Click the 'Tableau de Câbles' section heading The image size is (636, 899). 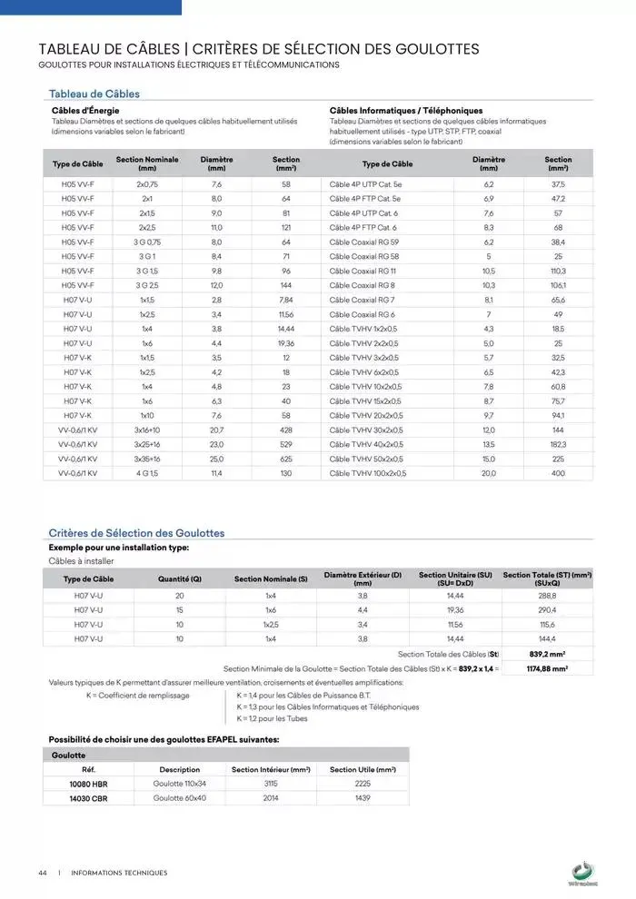tap(94, 94)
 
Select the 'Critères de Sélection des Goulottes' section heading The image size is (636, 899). tap(135, 533)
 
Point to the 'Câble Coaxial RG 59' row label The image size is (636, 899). tap(364, 242)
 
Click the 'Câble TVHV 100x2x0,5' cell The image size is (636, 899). tap(368, 473)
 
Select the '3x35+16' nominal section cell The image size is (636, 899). tap(147, 459)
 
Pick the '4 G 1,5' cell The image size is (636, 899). tap(147, 473)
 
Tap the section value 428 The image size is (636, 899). tap(286, 430)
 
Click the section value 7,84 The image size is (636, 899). tap(286, 300)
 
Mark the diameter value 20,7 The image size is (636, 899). tap(216, 430)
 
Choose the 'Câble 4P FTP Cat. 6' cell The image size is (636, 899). tap(363, 227)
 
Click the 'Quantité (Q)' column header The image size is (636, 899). tap(180, 578)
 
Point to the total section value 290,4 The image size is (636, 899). tap(547, 609)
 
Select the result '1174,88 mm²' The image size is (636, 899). tap(547, 668)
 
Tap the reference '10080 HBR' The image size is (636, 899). tap(88, 783)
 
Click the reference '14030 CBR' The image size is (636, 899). tap(88, 797)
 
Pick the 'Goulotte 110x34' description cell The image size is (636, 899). tap(180, 783)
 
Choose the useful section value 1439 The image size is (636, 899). tap(363, 797)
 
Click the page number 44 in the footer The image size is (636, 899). tap(43, 873)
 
